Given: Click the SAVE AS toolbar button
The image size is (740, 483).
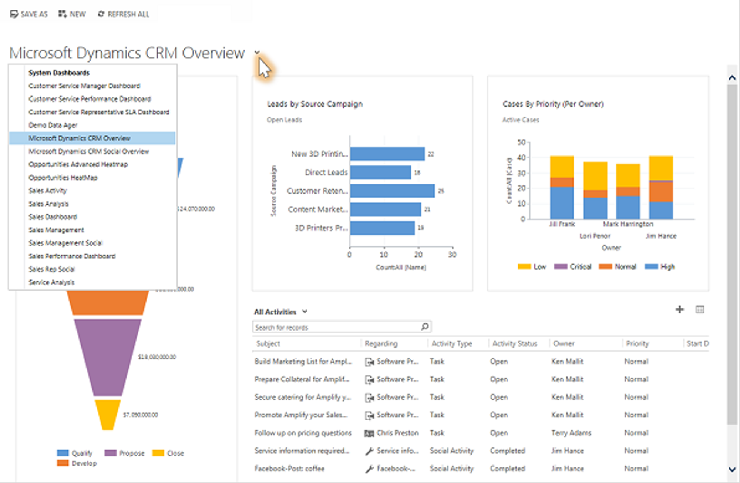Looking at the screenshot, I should (x=29, y=14).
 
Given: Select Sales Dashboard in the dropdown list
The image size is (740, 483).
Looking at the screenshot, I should (x=53, y=217).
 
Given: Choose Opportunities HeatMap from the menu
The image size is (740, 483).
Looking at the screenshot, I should (x=63, y=178).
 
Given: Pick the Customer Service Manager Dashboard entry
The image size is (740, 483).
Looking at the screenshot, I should (x=84, y=86).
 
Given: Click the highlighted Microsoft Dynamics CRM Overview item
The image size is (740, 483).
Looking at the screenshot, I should (x=79, y=138).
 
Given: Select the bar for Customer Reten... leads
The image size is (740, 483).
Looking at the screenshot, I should (x=392, y=191).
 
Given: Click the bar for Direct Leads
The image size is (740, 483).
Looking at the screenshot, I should (x=380, y=172).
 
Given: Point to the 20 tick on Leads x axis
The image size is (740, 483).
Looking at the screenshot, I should (x=418, y=254).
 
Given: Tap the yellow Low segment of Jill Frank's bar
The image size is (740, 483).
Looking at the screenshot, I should (x=562, y=167).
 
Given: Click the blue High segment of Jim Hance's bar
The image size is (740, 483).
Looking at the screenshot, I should (x=661, y=210).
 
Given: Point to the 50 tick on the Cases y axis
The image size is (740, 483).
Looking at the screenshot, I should (x=521, y=142).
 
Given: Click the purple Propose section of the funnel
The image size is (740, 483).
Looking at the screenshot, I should (x=107, y=355).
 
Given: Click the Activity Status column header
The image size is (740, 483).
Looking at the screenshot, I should (x=514, y=343).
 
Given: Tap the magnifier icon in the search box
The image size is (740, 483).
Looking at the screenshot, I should (x=425, y=326).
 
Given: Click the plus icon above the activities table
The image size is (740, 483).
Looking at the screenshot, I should (x=679, y=309).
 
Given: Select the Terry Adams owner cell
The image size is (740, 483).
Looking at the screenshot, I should (x=571, y=433).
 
